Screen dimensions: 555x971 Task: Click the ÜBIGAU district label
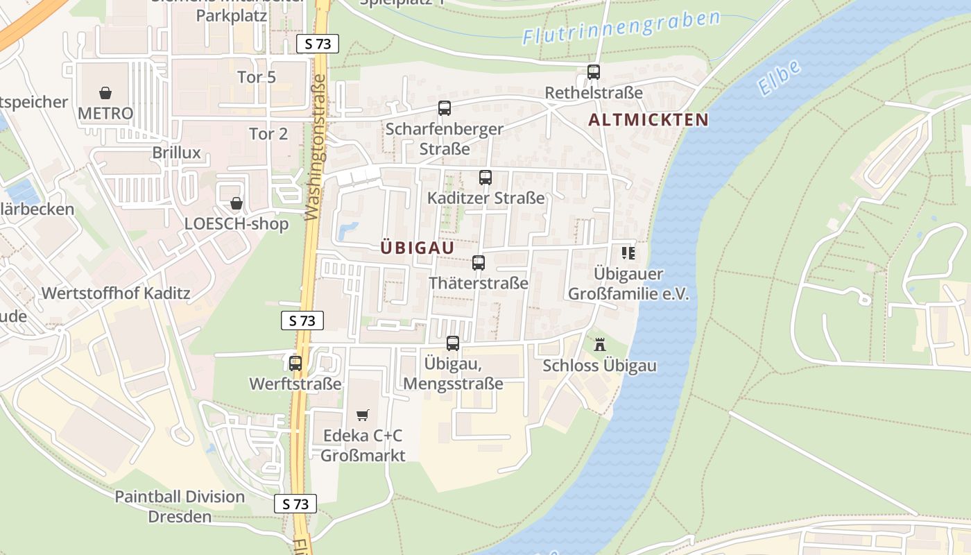click(x=418, y=248)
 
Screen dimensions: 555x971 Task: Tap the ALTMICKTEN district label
click(x=648, y=120)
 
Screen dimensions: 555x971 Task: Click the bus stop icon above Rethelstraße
click(x=593, y=71)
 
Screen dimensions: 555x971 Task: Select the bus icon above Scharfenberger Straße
click(x=445, y=108)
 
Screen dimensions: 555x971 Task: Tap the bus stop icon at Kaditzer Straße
click(x=486, y=178)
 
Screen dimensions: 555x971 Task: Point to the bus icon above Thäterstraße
click(x=479, y=263)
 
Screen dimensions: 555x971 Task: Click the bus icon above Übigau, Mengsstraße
click(x=453, y=343)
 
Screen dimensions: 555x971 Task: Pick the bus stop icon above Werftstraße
click(x=295, y=363)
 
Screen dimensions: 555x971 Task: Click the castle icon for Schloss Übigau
click(x=600, y=344)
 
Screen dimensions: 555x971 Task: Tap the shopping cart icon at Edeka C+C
click(x=362, y=416)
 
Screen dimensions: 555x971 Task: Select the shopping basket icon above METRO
click(x=105, y=92)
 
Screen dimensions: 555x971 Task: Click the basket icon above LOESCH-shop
click(x=237, y=203)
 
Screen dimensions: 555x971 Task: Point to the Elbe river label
click(x=779, y=77)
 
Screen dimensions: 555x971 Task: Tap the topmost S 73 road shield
click(x=318, y=44)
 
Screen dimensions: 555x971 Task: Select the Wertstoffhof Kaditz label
click(x=116, y=293)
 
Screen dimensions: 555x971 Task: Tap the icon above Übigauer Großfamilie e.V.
click(x=628, y=253)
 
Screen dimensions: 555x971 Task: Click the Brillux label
click(x=177, y=153)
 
